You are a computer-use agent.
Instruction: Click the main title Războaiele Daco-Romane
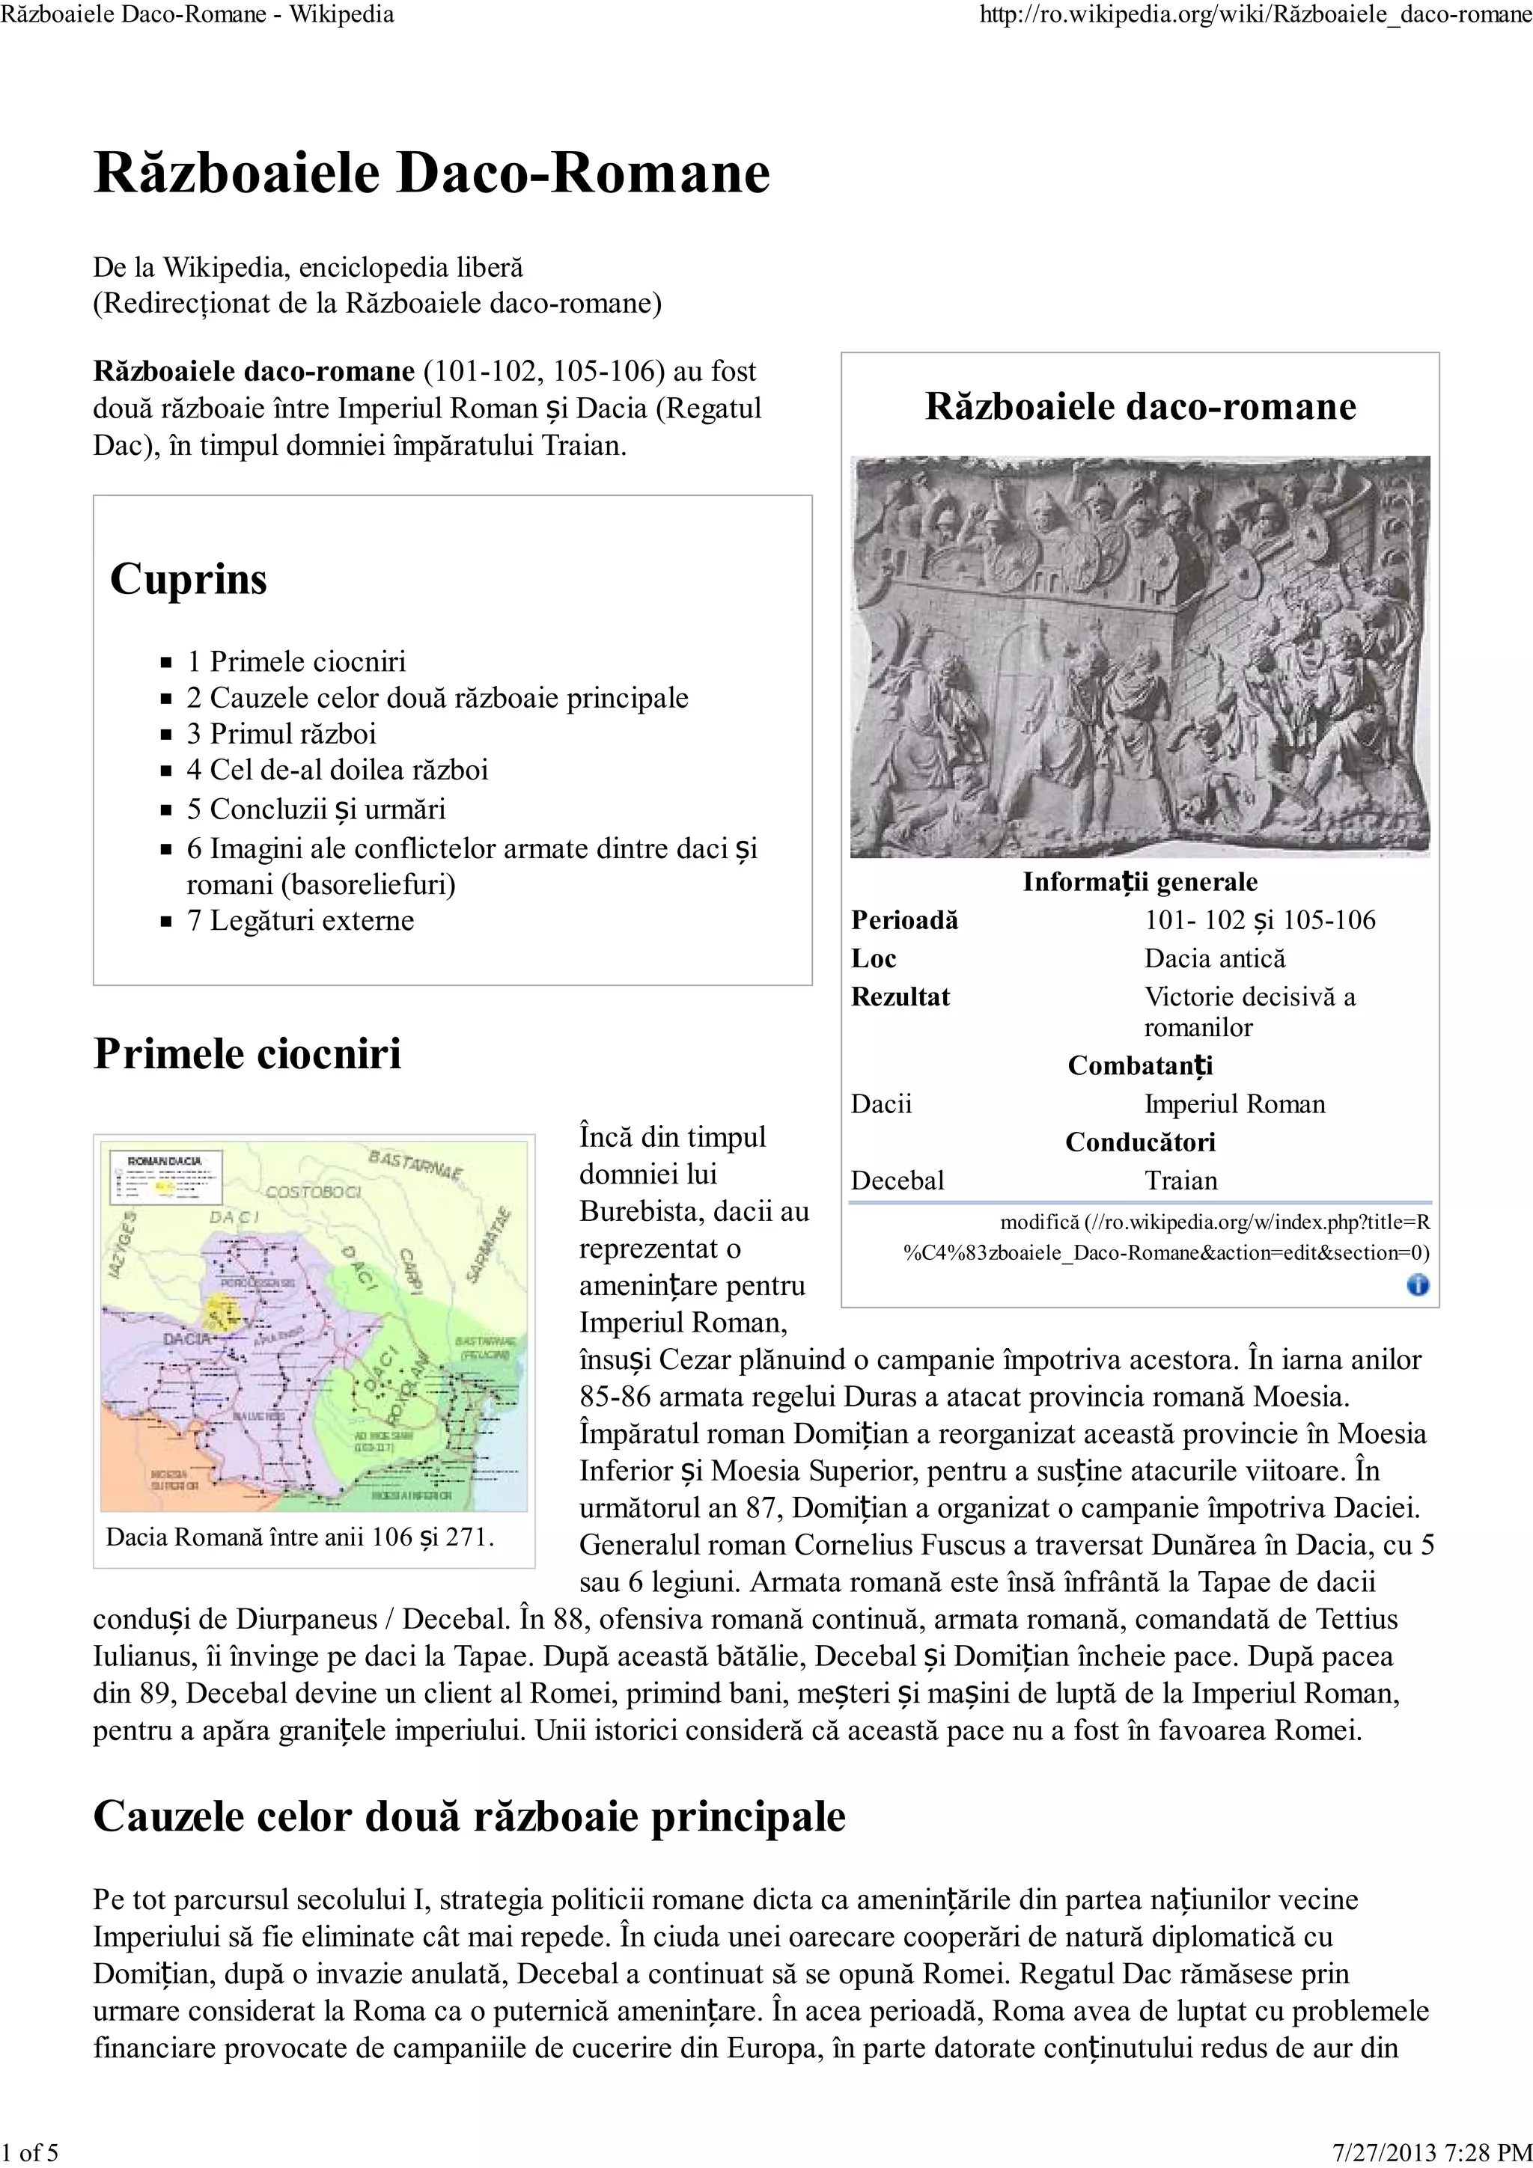click(432, 174)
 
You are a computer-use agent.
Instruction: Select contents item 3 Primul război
click(281, 734)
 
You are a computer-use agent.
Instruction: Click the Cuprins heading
click(188, 579)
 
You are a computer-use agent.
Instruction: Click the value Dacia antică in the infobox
click(1215, 958)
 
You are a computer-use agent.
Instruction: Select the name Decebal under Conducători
click(897, 1181)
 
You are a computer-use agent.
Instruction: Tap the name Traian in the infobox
click(1180, 1181)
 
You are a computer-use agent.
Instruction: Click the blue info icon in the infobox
click(1417, 1285)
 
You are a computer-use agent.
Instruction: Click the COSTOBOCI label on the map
click(313, 1192)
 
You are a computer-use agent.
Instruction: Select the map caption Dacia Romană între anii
click(299, 1537)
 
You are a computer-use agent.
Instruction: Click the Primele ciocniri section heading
click(248, 1054)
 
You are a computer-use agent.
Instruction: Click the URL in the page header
click(1255, 15)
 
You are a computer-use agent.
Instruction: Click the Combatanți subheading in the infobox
click(1139, 1066)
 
